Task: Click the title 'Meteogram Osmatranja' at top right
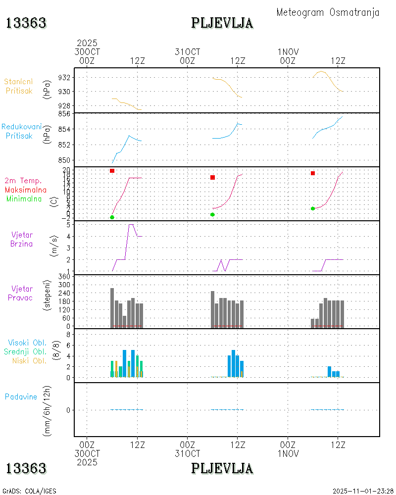328,12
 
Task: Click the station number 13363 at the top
26,23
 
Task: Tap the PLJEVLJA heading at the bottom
222,468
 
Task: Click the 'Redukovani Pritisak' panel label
21,131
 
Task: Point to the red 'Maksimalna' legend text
26,190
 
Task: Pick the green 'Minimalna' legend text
24,198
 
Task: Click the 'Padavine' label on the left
21,396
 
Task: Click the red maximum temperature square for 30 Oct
112,171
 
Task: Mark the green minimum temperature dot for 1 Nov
313,208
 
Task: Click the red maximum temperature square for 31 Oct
212,177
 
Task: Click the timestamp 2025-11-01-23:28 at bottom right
363,491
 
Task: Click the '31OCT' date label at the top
188,52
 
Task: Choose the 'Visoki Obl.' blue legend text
27,343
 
